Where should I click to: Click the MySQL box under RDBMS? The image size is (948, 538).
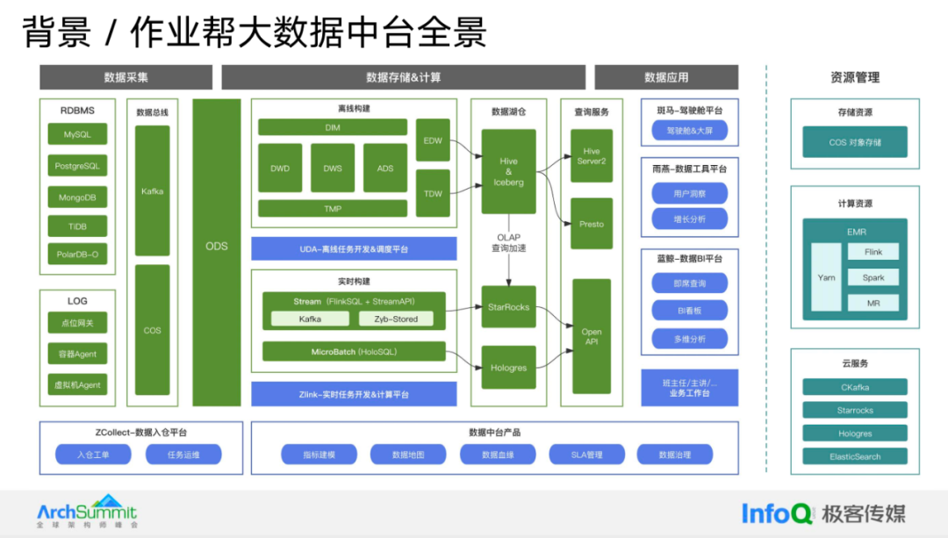[x=77, y=135]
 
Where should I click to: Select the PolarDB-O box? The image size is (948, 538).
[x=77, y=255]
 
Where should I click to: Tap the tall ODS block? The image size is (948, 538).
[x=217, y=247]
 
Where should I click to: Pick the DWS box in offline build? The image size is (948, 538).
[x=333, y=168]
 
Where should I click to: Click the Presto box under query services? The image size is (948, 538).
[x=592, y=224]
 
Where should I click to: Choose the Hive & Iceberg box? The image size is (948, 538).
[x=508, y=172]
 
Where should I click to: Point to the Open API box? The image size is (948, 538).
[x=592, y=336]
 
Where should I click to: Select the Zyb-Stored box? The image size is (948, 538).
[x=396, y=319]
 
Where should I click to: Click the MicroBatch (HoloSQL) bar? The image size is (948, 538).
[x=354, y=352]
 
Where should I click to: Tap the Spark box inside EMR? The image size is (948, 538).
[x=873, y=277]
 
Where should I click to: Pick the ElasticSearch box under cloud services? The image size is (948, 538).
[x=855, y=456]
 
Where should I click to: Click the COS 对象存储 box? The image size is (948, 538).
[x=855, y=142]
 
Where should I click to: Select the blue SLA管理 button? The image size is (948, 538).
[x=586, y=455]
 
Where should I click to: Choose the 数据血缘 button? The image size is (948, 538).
[x=498, y=455]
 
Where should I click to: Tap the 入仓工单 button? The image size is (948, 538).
[x=93, y=455]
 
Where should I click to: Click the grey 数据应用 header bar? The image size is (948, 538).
[x=666, y=77]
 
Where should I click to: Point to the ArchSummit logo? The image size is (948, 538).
[x=87, y=512]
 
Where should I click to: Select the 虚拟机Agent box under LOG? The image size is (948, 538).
[x=77, y=384]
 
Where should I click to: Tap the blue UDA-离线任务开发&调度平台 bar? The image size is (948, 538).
[x=354, y=249]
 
